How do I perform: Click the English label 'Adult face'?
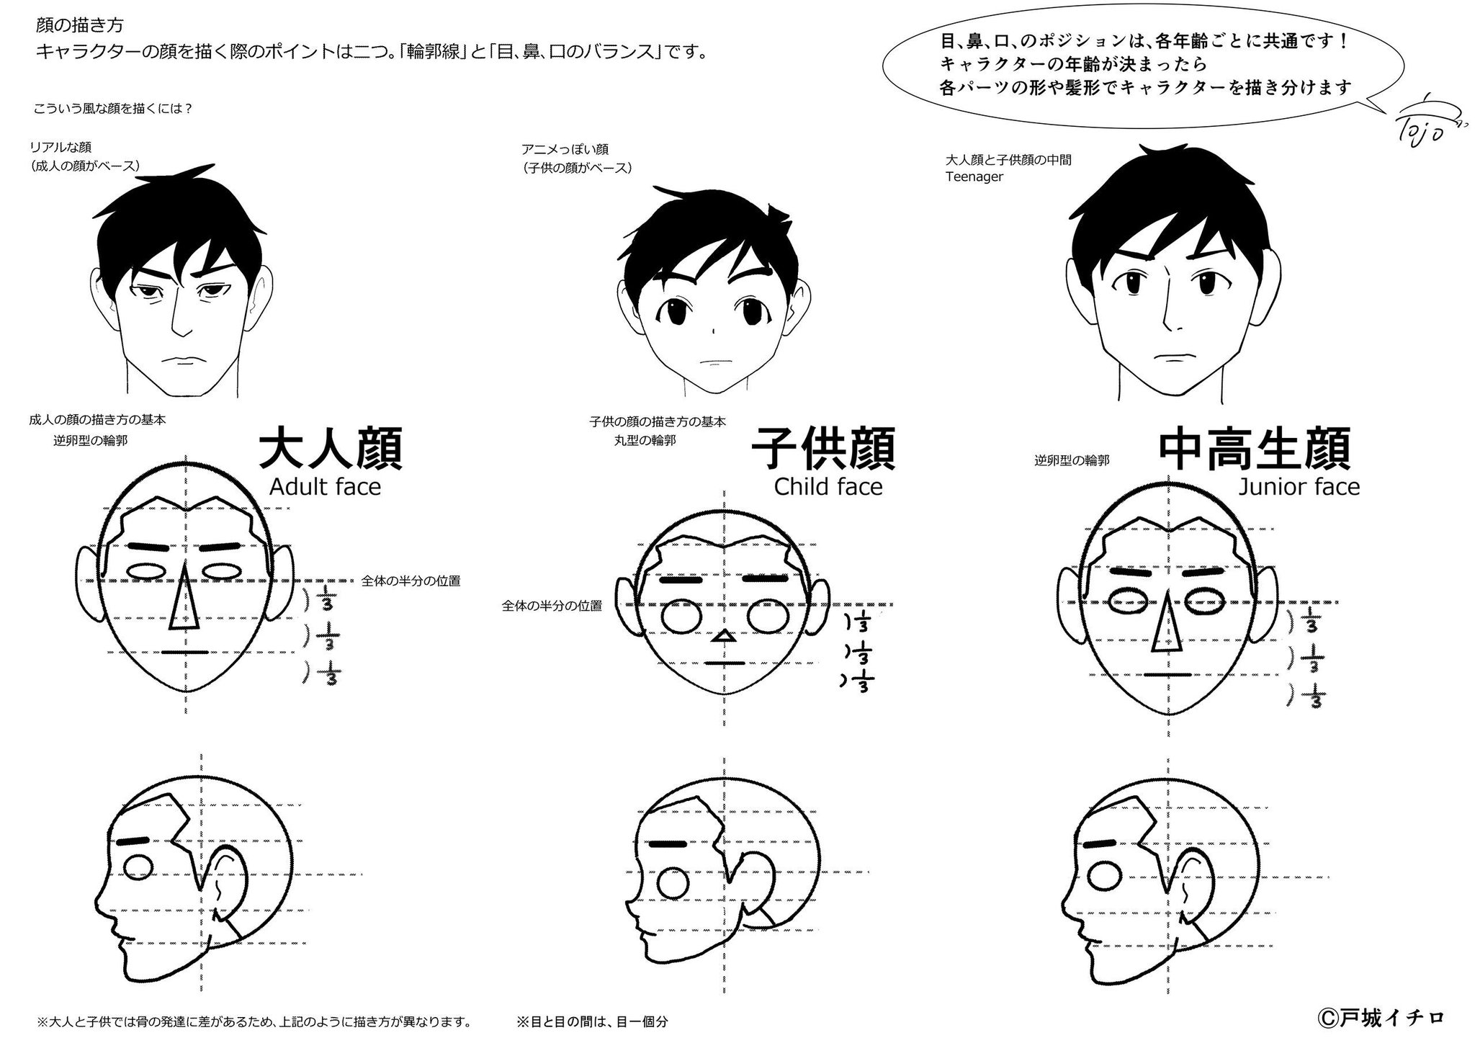tap(325, 488)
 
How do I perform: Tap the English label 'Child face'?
tap(828, 488)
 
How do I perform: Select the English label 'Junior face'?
tap(1299, 488)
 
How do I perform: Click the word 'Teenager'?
tap(974, 177)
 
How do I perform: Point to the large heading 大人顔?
tap(329, 450)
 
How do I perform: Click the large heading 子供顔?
tap(823, 450)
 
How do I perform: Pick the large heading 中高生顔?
tap(1254, 450)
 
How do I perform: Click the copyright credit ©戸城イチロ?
tap(1380, 1019)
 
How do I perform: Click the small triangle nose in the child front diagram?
tap(725, 637)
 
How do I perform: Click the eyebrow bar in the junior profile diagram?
tap(1099, 843)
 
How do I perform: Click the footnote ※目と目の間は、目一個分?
tap(592, 1021)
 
